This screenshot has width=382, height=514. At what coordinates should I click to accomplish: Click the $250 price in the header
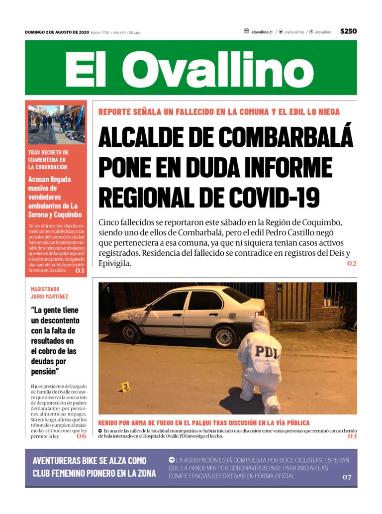[348, 31]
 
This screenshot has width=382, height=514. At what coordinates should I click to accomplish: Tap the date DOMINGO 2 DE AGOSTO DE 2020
[57, 32]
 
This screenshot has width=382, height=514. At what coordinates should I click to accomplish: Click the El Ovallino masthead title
[190, 69]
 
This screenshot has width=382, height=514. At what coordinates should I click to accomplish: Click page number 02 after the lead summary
[352, 263]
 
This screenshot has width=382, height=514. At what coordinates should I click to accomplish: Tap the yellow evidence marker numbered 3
[125, 386]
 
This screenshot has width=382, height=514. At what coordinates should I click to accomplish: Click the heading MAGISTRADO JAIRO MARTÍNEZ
[49, 293]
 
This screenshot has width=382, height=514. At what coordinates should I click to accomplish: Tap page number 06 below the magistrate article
[81, 436]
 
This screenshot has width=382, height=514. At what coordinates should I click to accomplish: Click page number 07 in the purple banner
[346, 477]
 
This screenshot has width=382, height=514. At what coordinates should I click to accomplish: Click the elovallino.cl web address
[262, 32]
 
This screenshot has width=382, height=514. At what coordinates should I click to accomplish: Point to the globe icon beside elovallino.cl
[246, 31]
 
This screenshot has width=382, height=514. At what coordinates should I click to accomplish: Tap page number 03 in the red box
[80, 271]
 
